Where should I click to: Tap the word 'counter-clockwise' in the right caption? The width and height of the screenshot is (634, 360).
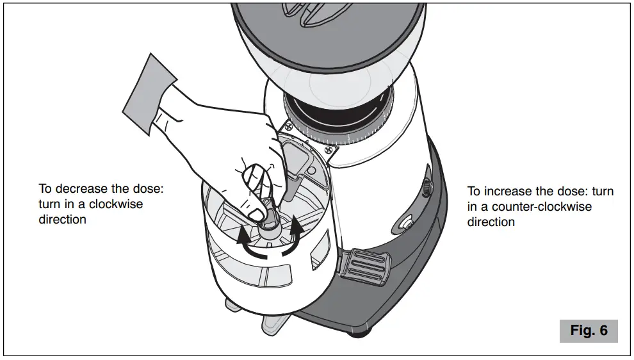click(537, 207)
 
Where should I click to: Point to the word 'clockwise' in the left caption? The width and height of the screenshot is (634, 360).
click(118, 204)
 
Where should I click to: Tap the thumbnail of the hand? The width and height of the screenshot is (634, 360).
click(255, 213)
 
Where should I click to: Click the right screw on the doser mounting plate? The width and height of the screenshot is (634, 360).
click(330, 150)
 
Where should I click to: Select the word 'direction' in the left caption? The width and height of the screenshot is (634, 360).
click(62, 220)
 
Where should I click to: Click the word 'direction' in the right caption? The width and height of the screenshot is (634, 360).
click(491, 222)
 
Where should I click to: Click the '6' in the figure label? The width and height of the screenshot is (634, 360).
click(603, 331)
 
